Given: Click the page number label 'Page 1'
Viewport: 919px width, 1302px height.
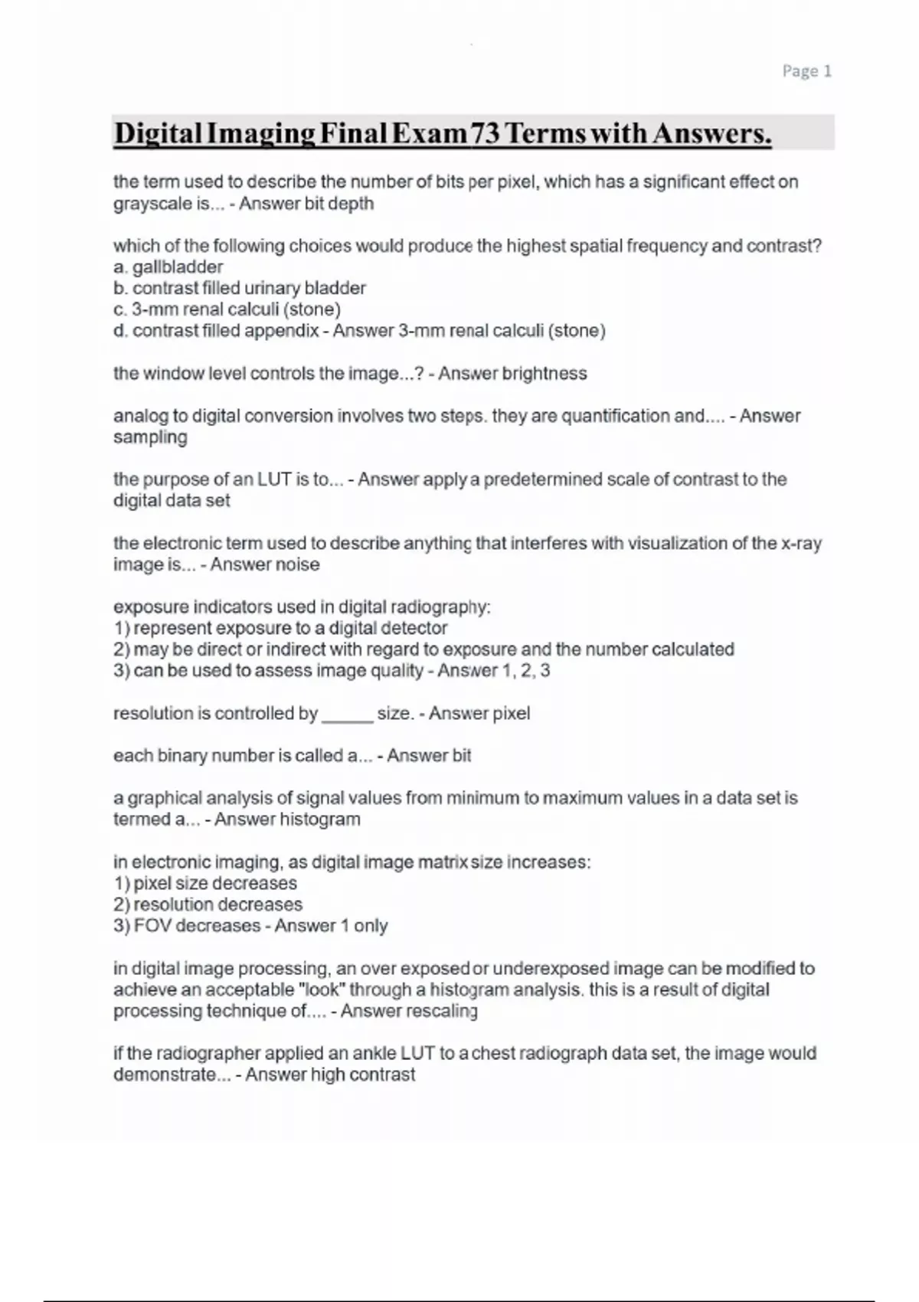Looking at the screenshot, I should pos(806,71).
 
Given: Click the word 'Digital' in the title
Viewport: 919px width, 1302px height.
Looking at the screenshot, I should pos(156,133).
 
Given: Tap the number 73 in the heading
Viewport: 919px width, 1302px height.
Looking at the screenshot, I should pos(484,133).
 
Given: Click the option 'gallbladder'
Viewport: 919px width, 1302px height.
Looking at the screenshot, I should pos(177,267).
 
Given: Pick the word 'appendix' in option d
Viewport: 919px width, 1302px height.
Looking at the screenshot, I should pos(286,331).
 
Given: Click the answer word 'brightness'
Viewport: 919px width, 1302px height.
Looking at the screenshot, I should pos(544,374).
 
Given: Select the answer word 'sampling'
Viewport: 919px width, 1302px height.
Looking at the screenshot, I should pos(150,437).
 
